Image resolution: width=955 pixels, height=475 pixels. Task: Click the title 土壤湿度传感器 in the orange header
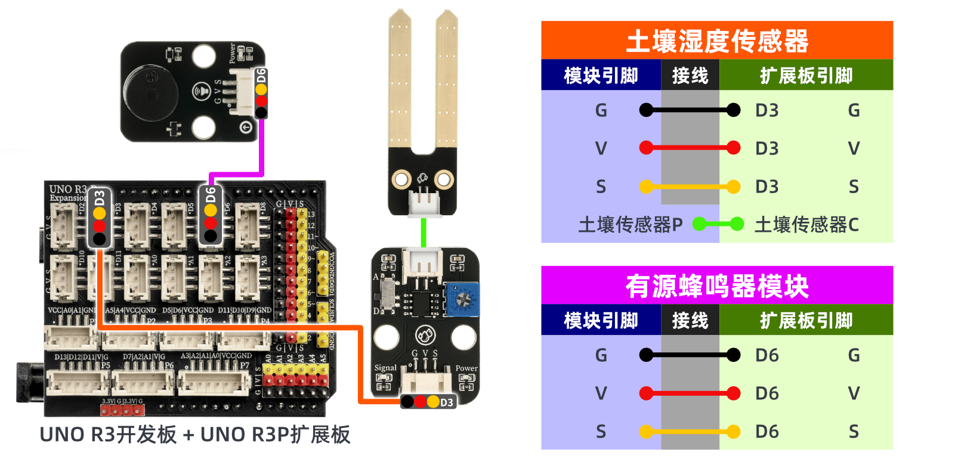[x=716, y=41]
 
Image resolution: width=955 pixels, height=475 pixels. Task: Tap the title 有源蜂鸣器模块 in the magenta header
[x=716, y=286]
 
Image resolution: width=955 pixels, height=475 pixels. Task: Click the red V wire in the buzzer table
[x=690, y=393]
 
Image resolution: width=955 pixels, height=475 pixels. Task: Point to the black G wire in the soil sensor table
[x=690, y=110]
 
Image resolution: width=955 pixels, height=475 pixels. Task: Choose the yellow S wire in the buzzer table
[x=690, y=431]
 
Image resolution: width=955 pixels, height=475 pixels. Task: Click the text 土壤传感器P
[x=630, y=225]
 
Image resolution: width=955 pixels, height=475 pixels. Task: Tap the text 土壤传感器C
[x=806, y=225]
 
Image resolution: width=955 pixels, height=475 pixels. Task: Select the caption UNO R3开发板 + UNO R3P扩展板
[x=194, y=434]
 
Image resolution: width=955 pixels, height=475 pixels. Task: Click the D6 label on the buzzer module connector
[x=261, y=76]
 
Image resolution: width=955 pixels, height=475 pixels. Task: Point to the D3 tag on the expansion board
[x=100, y=198]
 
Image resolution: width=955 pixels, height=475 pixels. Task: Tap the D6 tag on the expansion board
[x=211, y=195]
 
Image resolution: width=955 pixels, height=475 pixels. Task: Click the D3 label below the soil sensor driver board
[x=446, y=402]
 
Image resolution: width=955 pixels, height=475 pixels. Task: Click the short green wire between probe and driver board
[x=424, y=232]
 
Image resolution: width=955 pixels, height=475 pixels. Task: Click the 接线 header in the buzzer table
[x=690, y=321]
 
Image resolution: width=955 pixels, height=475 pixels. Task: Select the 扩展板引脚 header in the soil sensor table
[x=806, y=76]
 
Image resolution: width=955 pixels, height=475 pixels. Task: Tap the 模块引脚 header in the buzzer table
[x=601, y=321]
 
